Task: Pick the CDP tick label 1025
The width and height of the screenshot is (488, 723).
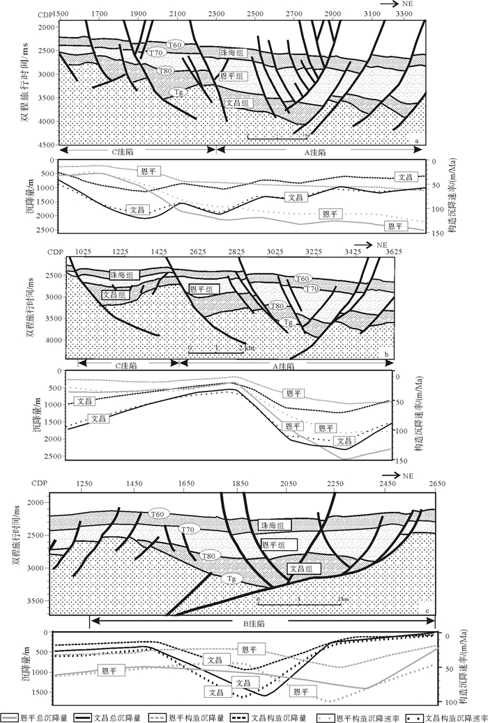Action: pyautogui.click(x=84, y=251)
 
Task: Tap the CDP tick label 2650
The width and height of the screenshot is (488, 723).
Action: pyautogui.click(x=436, y=483)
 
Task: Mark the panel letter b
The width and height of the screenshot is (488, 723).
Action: pyautogui.click(x=386, y=355)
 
